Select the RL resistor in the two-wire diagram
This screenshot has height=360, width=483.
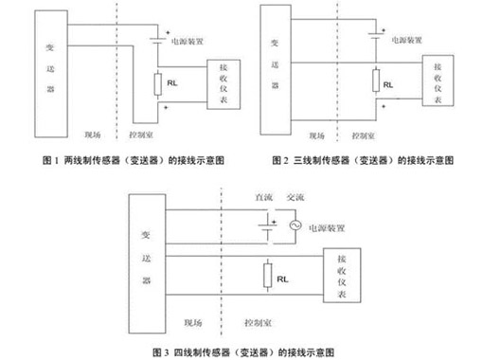coord(159,83)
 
